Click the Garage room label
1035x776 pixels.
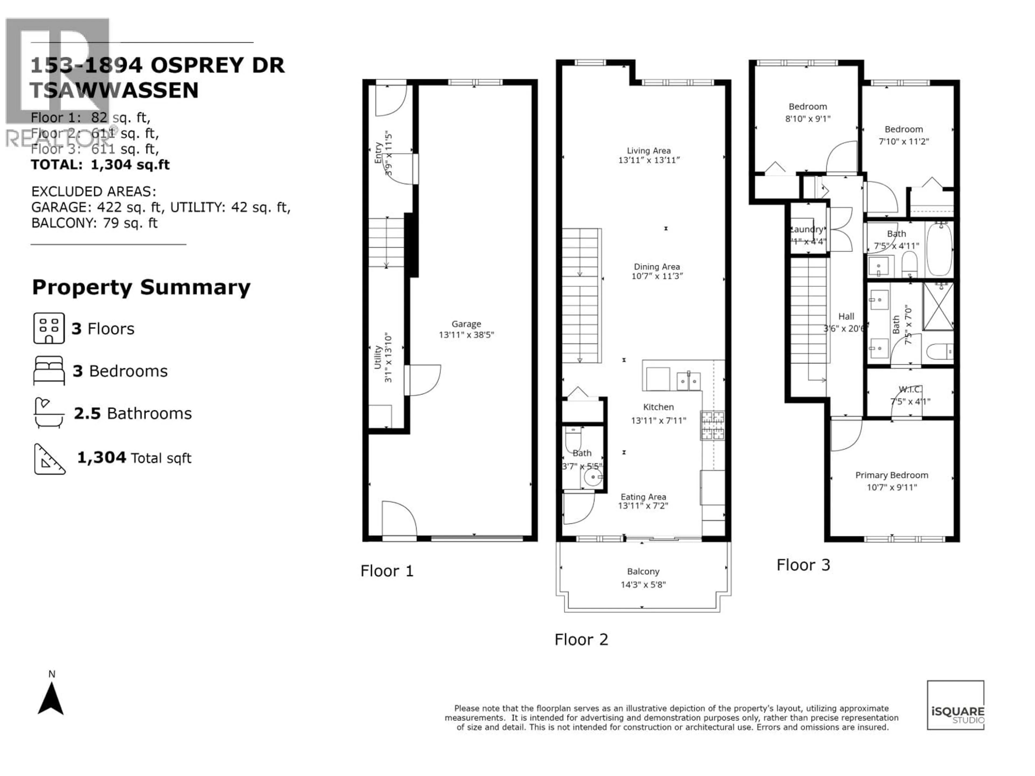point(466,324)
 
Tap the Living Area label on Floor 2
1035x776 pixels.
point(648,151)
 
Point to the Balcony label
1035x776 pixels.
point(643,571)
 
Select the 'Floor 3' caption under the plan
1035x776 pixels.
point(803,565)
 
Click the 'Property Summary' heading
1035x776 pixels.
point(141,287)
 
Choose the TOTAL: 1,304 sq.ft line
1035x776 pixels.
point(100,165)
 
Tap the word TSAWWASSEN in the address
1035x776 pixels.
point(114,90)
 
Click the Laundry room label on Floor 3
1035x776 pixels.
point(807,229)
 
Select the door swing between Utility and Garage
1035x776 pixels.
point(423,380)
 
